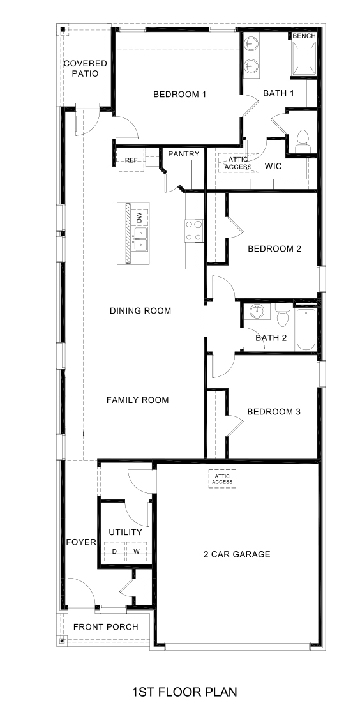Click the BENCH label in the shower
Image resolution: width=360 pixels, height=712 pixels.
click(304, 36)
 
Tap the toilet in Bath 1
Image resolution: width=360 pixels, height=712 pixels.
click(303, 141)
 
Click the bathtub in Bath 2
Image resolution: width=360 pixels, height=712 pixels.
click(306, 329)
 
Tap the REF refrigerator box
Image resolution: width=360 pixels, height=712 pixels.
click(131, 160)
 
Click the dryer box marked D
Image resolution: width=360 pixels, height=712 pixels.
click(114, 551)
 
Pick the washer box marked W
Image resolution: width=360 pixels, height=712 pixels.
click(137, 551)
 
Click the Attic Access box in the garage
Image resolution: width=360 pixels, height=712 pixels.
click(222, 478)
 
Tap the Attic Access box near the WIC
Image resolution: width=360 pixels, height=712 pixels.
click(238, 163)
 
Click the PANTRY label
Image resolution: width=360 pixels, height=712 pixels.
click(184, 154)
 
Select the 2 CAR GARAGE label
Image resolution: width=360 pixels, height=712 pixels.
click(237, 554)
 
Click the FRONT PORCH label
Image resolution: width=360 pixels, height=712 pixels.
click(105, 626)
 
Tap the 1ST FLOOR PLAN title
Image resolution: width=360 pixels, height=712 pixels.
click(184, 692)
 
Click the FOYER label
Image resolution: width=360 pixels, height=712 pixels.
click(81, 543)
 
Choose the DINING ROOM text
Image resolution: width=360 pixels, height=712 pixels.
click(140, 311)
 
